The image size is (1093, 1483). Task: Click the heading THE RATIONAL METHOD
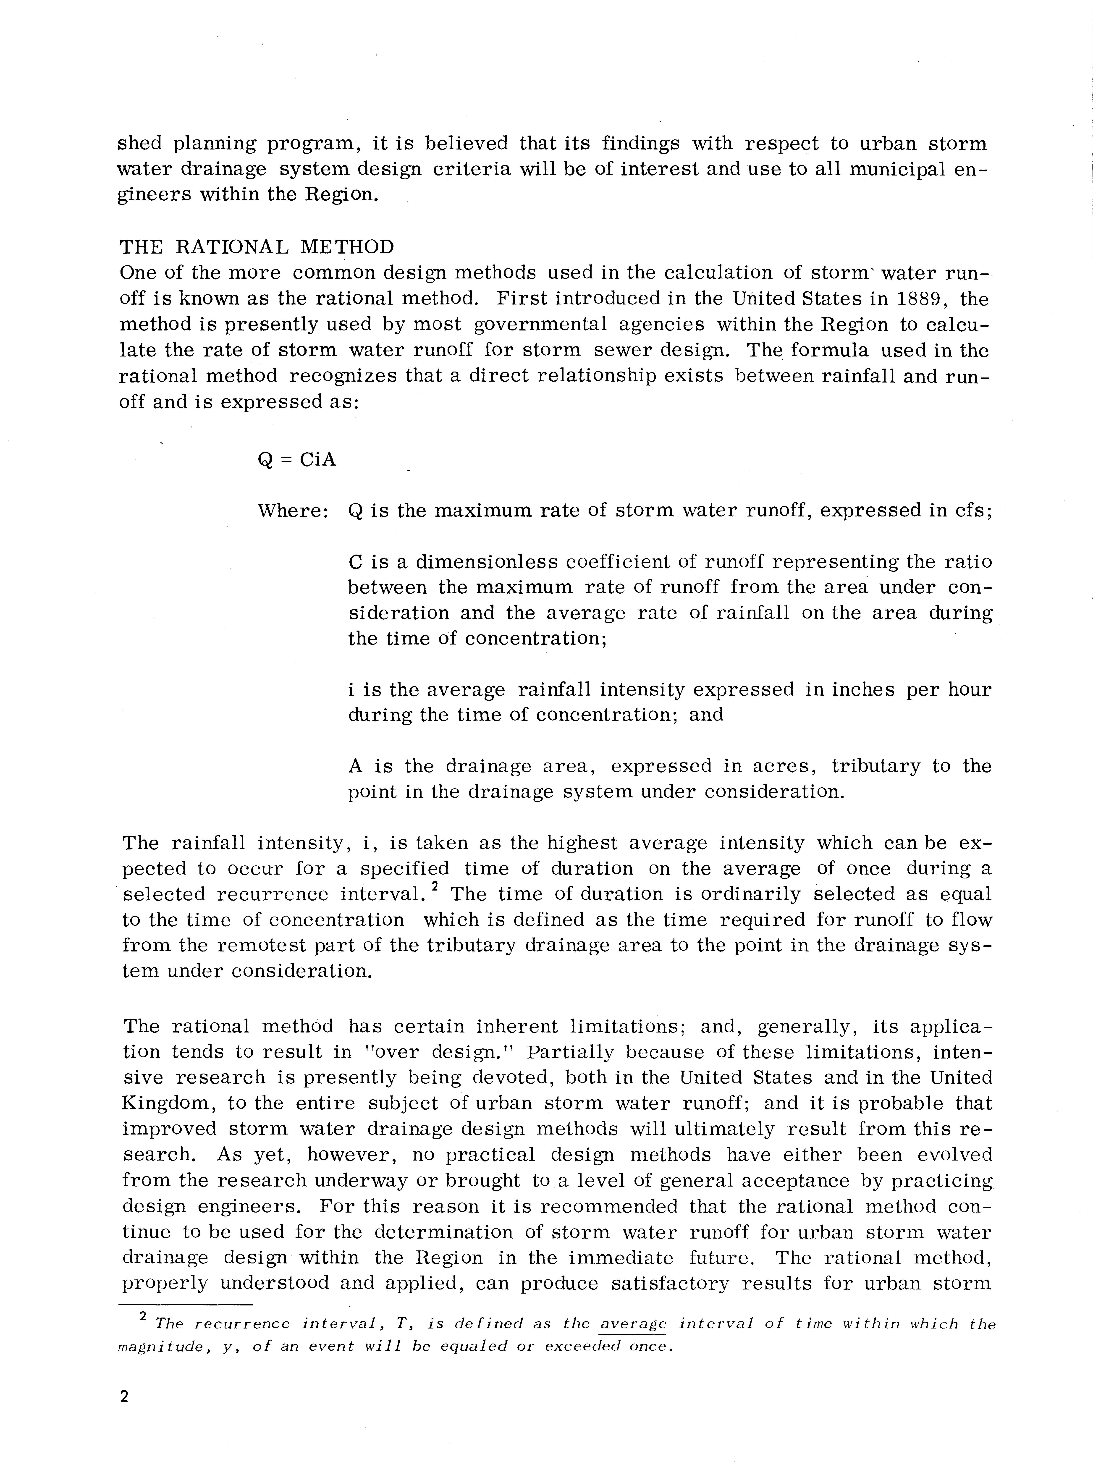tap(257, 247)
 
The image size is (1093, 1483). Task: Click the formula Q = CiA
tap(296, 459)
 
